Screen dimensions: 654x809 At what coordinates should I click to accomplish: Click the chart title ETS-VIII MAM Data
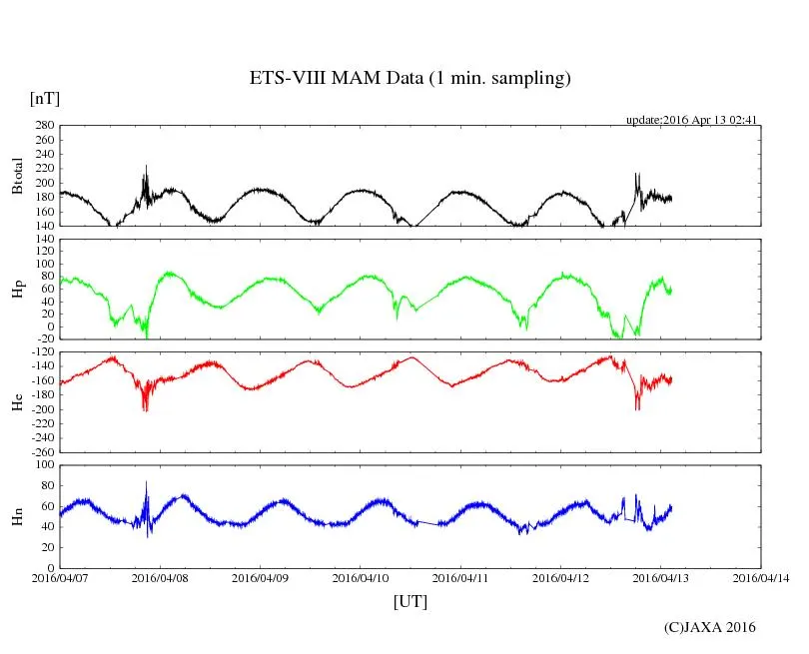point(409,79)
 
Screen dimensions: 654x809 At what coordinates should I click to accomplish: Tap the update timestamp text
point(692,120)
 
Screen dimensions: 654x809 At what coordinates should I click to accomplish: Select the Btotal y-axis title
point(17,176)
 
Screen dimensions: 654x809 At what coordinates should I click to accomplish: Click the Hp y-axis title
point(17,290)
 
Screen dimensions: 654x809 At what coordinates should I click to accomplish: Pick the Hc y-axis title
point(17,402)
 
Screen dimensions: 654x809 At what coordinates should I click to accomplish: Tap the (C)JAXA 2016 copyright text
point(709,628)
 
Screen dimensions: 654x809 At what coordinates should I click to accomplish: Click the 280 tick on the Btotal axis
point(44,126)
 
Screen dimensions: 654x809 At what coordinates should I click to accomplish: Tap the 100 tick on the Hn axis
point(44,464)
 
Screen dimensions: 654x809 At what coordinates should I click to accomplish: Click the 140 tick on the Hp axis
point(44,240)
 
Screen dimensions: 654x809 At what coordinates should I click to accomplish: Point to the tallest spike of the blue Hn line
point(147,482)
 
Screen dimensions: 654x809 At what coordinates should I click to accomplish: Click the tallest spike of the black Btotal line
point(146,166)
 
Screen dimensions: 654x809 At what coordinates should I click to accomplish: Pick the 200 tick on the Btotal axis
point(44,184)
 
